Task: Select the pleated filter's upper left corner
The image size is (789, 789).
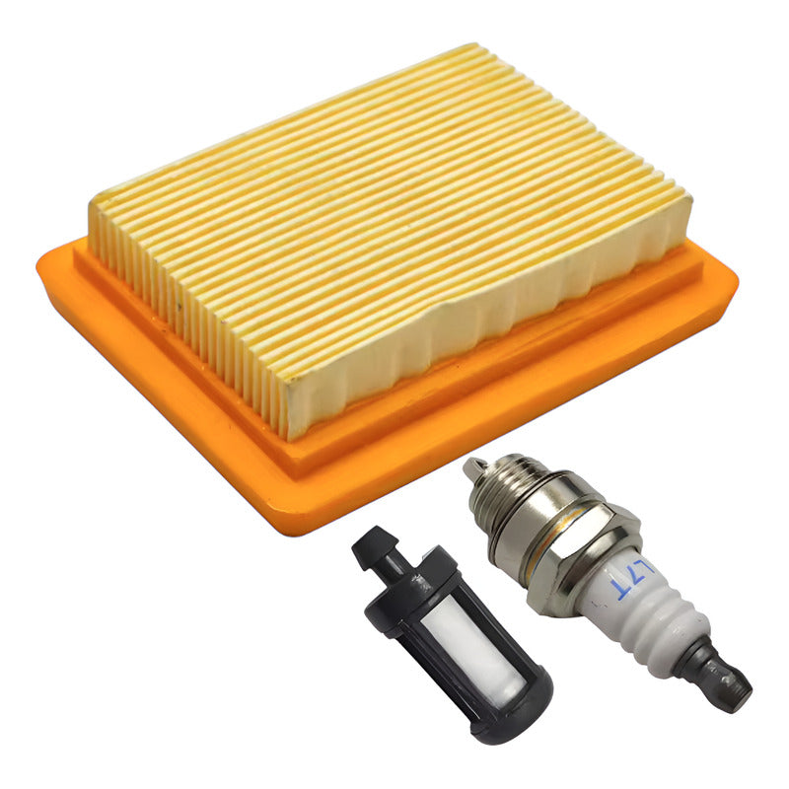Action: click(x=95, y=202)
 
